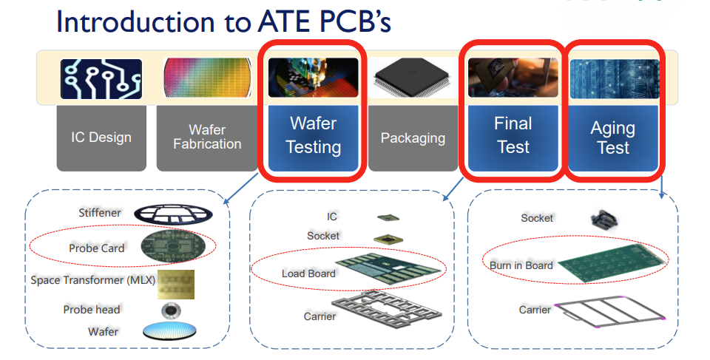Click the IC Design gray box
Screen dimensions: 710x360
tap(101, 137)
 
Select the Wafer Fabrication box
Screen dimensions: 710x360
tap(206, 137)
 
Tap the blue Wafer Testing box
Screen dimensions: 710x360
tap(314, 138)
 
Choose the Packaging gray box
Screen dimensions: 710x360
tap(413, 137)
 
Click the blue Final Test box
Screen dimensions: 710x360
tap(513, 138)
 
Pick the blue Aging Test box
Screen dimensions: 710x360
tap(614, 138)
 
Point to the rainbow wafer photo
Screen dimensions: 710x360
tap(207, 78)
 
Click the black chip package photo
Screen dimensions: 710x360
tap(413, 78)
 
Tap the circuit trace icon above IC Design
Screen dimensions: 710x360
tap(101, 79)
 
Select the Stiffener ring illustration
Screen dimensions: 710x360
tap(173, 214)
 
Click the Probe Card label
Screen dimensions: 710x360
tap(96, 248)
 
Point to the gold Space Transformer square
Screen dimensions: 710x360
tap(176, 285)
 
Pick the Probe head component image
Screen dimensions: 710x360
tap(171, 310)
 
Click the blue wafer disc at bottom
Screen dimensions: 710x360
tap(170, 331)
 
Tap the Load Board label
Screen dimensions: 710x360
tap(308, 274)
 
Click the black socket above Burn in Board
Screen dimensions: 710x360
tap(605, 220)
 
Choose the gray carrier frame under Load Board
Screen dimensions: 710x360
tap(387, 310)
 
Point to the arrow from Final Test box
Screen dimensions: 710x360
tap(453, 189)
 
